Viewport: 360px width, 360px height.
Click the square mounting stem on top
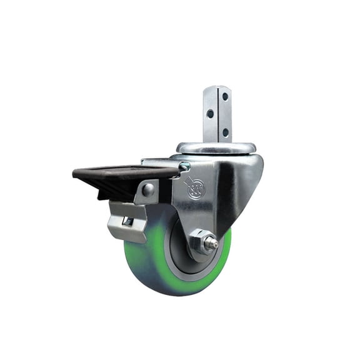click(x=216, y=116)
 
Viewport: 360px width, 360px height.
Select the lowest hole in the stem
click(x=224, y=132)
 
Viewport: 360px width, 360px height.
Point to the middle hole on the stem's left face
click(x=211, y=114)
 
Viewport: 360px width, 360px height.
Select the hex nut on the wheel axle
click(x=200, y=241)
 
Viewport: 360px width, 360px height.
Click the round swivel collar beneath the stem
click(x=216, y=148)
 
